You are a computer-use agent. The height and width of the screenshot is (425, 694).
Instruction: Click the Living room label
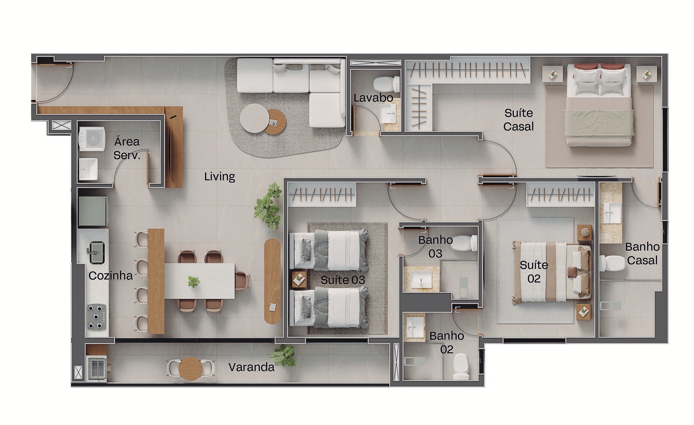pos(219,176)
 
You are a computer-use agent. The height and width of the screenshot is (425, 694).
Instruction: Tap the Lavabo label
pos(373,98)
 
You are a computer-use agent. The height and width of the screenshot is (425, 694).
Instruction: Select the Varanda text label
pos(251,367)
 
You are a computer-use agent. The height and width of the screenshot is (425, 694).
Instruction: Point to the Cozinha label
pos(110,276)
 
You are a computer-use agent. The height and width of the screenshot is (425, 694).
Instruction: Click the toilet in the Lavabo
pos(386,84)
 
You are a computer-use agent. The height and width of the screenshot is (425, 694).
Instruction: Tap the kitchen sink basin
pos(97,252)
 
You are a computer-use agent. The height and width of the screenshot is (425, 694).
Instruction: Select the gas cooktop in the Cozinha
pos(96,317)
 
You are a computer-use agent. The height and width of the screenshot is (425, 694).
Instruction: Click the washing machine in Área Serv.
pos(92,139)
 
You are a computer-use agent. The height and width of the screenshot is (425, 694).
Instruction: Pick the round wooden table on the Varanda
pos(191,368)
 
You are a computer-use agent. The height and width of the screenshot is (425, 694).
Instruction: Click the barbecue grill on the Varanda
pos(97,368)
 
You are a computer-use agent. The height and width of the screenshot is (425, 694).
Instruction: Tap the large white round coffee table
pos(254,118)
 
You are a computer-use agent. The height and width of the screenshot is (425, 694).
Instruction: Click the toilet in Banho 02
pos(461,366)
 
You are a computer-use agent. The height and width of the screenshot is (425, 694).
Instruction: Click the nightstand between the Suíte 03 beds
pos(299,279)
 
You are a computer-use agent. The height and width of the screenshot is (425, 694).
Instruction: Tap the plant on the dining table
pos(194,281)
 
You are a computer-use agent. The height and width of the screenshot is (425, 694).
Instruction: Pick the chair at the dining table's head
pos(242,280)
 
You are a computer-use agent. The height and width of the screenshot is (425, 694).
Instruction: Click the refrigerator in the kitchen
pos(93,211)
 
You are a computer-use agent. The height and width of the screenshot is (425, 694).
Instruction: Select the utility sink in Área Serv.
pos(88,169)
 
